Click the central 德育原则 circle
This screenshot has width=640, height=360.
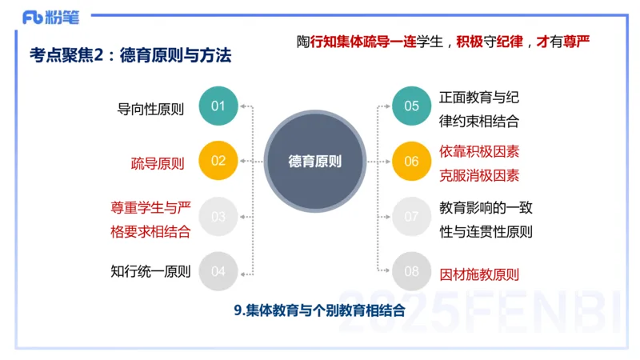tap(314, 161)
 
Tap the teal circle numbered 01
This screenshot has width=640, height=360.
tap(218, 106)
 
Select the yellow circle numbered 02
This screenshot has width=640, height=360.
tap(218, 161)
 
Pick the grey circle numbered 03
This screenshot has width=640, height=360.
tap(218, 216)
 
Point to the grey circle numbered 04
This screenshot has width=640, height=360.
tap(218, 270)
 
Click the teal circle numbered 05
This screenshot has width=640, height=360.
tap(411, 106)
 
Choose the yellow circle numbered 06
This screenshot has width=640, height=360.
tap(411, 161)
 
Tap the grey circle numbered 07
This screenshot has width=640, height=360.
tap(411, 216)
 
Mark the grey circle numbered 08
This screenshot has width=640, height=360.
tap(411, 270)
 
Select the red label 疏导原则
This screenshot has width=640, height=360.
tap(158, 164)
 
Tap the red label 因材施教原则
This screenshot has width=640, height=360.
tap(480, 274)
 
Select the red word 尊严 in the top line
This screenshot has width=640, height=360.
tap(581, 41)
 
